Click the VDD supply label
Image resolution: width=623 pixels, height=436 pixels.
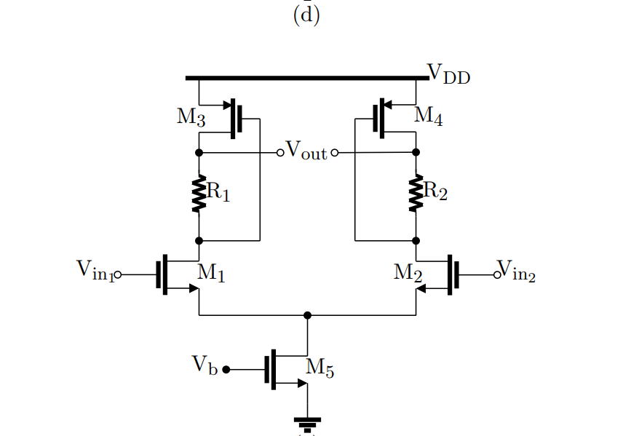click(x=448, y=74)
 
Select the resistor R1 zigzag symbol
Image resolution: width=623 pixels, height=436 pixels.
click(x=199, y=194)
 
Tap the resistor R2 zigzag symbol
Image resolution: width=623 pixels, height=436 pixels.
click(x=416, y=194)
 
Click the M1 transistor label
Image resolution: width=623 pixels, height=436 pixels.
click(x=211, y=274)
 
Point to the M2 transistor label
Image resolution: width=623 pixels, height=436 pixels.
click(x=408, y=273)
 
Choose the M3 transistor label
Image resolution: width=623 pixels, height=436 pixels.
click(x=191, y=118)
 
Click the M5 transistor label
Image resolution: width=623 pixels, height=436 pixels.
click(x=320, y=368)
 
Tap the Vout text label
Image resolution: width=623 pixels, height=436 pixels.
click(x=306, y=151)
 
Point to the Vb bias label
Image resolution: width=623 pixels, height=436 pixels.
click(x=205, y=365)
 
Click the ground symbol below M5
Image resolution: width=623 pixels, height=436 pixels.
click(x=307, y=421)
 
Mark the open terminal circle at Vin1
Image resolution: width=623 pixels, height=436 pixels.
click(x=118, y=275)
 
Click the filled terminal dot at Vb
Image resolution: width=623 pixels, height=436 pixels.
click(x=226, y=370)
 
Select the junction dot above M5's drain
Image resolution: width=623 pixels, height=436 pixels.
click(x=307, y=315)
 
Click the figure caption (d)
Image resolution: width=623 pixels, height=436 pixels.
click(x=306, y=15)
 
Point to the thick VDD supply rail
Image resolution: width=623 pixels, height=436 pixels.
click(x=306, y=78)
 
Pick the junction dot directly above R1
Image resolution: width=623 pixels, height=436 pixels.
click(x=199, y=153)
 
